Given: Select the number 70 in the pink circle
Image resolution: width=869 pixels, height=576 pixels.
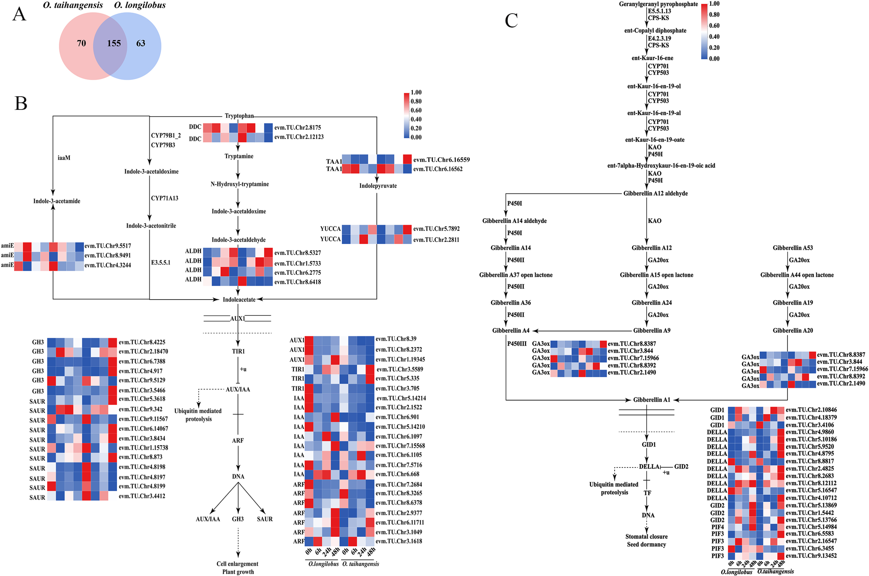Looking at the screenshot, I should point(81,43).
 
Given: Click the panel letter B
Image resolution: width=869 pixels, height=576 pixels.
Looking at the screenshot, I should point(21,103).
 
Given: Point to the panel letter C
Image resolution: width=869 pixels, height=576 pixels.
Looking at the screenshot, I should point(511,21).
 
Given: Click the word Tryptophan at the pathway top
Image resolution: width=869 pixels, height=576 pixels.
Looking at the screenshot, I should point(239,116).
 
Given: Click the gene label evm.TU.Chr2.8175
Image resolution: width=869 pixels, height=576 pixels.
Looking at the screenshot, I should point(297,127).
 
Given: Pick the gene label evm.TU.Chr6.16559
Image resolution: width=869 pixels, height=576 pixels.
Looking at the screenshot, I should point(441,160).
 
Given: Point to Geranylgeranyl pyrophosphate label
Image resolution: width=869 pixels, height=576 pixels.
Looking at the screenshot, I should point(658,4).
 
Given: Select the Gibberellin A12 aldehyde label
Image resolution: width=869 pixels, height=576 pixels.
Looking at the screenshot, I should point(655,194).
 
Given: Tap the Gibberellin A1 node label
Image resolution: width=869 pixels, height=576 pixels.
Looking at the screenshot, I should point(652,400).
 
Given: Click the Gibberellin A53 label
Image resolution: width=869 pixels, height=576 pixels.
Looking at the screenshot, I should point(792,248).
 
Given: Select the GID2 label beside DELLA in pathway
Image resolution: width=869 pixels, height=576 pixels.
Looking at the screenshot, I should point(681,466).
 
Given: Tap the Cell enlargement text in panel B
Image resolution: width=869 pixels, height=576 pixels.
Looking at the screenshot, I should point(237,564).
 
